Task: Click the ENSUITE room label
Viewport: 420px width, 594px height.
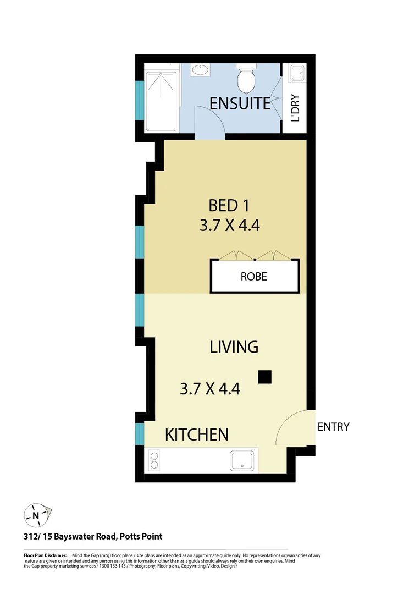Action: (240, 103)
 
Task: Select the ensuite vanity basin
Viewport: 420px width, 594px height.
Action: (200, 70)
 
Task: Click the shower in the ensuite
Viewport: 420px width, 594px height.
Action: (162, 99)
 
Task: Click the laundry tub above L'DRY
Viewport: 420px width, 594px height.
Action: (297, 73)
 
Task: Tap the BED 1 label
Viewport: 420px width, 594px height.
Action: (229, 206)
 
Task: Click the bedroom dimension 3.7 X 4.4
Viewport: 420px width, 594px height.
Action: (229, 226)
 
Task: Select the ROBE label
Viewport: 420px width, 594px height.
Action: (254, 276)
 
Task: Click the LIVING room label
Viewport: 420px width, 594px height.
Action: (234, 347)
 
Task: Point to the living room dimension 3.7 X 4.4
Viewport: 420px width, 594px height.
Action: (210, 389)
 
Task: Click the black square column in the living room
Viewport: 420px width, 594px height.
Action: (265, 377)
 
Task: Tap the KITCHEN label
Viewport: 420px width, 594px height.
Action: (197, 435)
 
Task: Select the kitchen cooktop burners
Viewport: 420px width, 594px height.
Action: (154, 460)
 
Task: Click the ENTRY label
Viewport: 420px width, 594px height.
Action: (333, 427)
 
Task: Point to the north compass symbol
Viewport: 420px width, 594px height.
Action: (36, 515)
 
